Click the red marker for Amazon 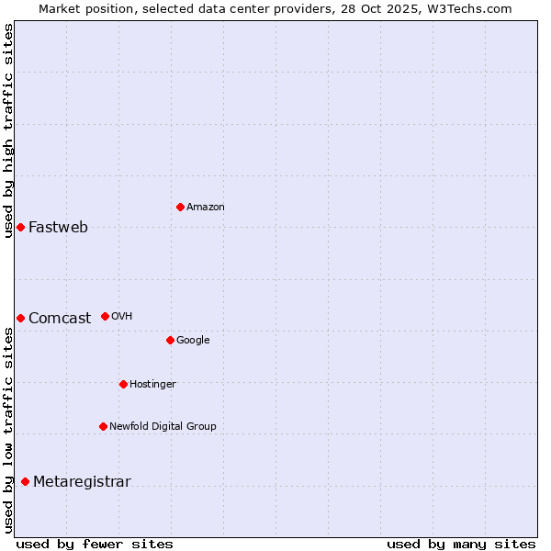coord(180,207)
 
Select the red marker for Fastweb coord(20,227)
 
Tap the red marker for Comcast coord(20,318)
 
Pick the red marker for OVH coord(105,316)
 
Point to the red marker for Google coord(170,340)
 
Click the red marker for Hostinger coord(123,384)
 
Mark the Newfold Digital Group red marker coord(103,426)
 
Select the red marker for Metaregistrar coord(25,481)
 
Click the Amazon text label coord(206,208)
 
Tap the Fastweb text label coord(58,228)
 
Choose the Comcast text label coord(60,319)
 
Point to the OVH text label coord(122,317)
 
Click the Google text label coord(193,341)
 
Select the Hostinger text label coord(152,385)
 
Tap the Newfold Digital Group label coord(163,427)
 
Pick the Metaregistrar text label coord(82,482)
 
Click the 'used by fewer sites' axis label coord(95,544)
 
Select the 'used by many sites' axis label coord(461,544)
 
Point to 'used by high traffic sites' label coord(8,130)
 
